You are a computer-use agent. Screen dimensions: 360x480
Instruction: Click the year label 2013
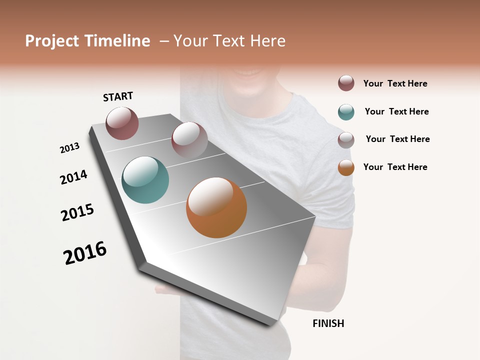click(x=69, y=148)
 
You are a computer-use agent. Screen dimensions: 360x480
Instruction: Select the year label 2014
click(x=73, y=177)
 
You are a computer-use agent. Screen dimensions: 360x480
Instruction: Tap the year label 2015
click(x=77, y=212)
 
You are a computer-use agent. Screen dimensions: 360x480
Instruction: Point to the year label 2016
click(x=85, y=253)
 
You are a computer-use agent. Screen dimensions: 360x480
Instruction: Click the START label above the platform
click(x=118, y=96)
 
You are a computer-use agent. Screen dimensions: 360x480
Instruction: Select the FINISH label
click(x=328, y=323)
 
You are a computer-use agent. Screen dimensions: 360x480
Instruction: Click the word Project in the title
click(x=52, y=41)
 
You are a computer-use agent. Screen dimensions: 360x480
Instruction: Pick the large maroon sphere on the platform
click(x=122, y=123)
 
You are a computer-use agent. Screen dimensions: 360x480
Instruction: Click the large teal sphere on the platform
click(x=145, y=180)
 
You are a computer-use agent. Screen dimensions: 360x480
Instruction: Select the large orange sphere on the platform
click(x=216, y=207)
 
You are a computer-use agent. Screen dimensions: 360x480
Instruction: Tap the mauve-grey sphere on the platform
click(x=189, y=140)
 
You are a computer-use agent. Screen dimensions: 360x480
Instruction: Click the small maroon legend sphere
click(x=346, y=83)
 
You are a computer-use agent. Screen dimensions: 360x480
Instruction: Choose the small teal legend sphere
click(x=346, y=112)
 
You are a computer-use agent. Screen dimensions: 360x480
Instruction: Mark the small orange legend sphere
click(x=346, y=167)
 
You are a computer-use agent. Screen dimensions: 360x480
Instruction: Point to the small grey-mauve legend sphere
click(x=346, y=140)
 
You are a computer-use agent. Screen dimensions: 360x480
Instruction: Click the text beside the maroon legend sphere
click(x=395, y=83)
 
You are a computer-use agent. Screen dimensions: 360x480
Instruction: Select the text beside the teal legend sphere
click(x=396, y=111)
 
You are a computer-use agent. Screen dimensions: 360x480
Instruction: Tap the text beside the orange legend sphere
click(x=395, y=167)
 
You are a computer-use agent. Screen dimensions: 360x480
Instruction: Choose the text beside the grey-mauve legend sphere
click(x=397, y=139)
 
